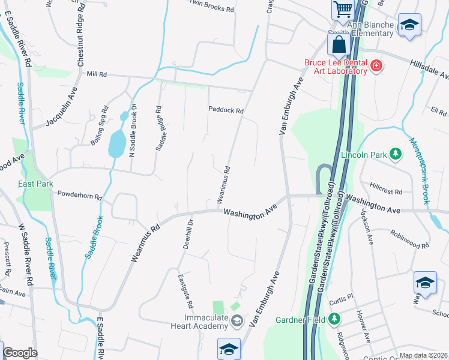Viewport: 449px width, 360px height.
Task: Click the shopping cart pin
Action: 342,9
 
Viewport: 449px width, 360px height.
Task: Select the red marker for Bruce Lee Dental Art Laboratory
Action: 376,65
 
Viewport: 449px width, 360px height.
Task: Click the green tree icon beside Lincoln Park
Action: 395,155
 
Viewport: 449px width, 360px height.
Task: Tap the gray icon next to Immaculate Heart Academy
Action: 237,325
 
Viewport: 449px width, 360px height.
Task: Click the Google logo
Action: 20,353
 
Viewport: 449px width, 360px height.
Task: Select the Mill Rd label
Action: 96,74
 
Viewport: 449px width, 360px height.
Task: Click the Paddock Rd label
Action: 226,110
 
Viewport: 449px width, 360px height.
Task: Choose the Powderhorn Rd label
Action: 80,195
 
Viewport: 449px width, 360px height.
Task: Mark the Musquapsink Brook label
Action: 419,171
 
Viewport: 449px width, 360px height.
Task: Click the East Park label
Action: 35,184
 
